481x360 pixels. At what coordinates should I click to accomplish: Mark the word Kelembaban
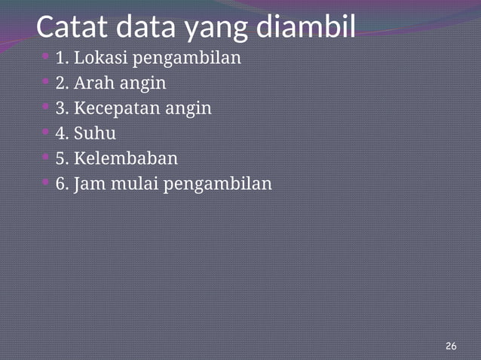click(x=126, y=159)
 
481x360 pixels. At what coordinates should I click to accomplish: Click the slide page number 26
click(x=451, y=346)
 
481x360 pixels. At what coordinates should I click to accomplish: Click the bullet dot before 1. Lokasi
click(x=46, y=56)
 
